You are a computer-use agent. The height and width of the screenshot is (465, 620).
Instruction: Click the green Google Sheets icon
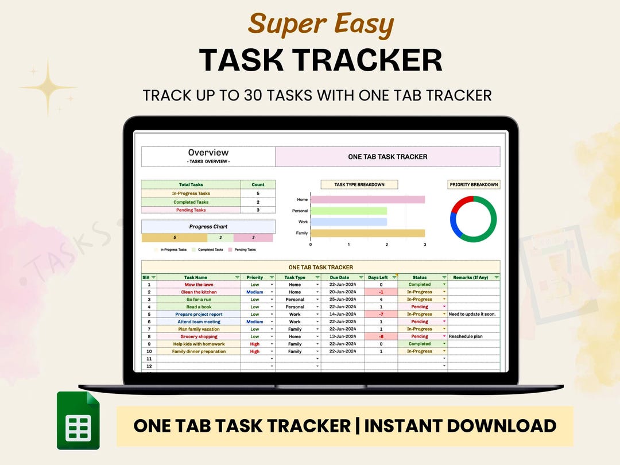[x=78, y=420]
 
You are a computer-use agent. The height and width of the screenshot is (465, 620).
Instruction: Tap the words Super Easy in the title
[x=321, y=24]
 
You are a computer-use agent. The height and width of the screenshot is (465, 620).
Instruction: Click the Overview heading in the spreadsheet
[x=208, y=153]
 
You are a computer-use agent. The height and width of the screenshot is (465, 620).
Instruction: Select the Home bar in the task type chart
[x=367, y=200]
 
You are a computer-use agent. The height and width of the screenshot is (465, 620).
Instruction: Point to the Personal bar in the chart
[x=348, y=211]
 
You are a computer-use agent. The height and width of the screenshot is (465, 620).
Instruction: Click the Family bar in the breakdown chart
[x=367, y=233]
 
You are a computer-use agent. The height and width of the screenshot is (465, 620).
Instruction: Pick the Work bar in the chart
[x=348, y=222]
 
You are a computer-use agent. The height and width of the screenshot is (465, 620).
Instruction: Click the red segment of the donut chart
[x=461, y=203]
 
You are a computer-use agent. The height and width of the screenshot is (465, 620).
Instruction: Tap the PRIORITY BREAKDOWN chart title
[x=474, y=185]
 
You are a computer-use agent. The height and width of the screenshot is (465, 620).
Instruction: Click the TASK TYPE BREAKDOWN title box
[x=359, y=185]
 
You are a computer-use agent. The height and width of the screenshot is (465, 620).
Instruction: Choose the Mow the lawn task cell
[x=199, y=285]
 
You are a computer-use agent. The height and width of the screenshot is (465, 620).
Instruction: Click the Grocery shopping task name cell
[x=199, y=336]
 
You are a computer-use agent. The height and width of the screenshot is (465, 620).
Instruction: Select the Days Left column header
[x=378, y=277]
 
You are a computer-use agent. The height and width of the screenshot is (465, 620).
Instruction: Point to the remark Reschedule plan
[x=466, y=336]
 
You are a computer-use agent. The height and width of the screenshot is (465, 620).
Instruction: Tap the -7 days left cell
[x=381, y=314]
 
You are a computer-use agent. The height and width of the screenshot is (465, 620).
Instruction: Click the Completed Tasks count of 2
[x=258, y=202]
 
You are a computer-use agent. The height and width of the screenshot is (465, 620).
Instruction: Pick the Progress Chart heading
[x=208, y=227]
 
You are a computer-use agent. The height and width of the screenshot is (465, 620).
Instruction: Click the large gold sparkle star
[x=49, y=87]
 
